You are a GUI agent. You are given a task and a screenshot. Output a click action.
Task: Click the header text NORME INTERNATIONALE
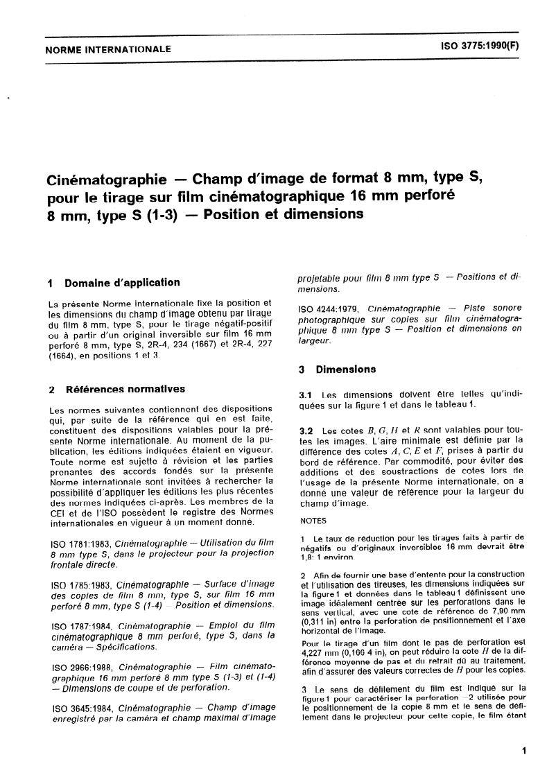tap(107, 49)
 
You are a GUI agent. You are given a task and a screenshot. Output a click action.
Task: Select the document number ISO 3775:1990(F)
tap(478, 49)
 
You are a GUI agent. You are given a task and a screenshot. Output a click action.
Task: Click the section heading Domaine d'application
tap(122, 283)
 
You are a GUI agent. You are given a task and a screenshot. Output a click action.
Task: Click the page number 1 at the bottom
tap(523, 750)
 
